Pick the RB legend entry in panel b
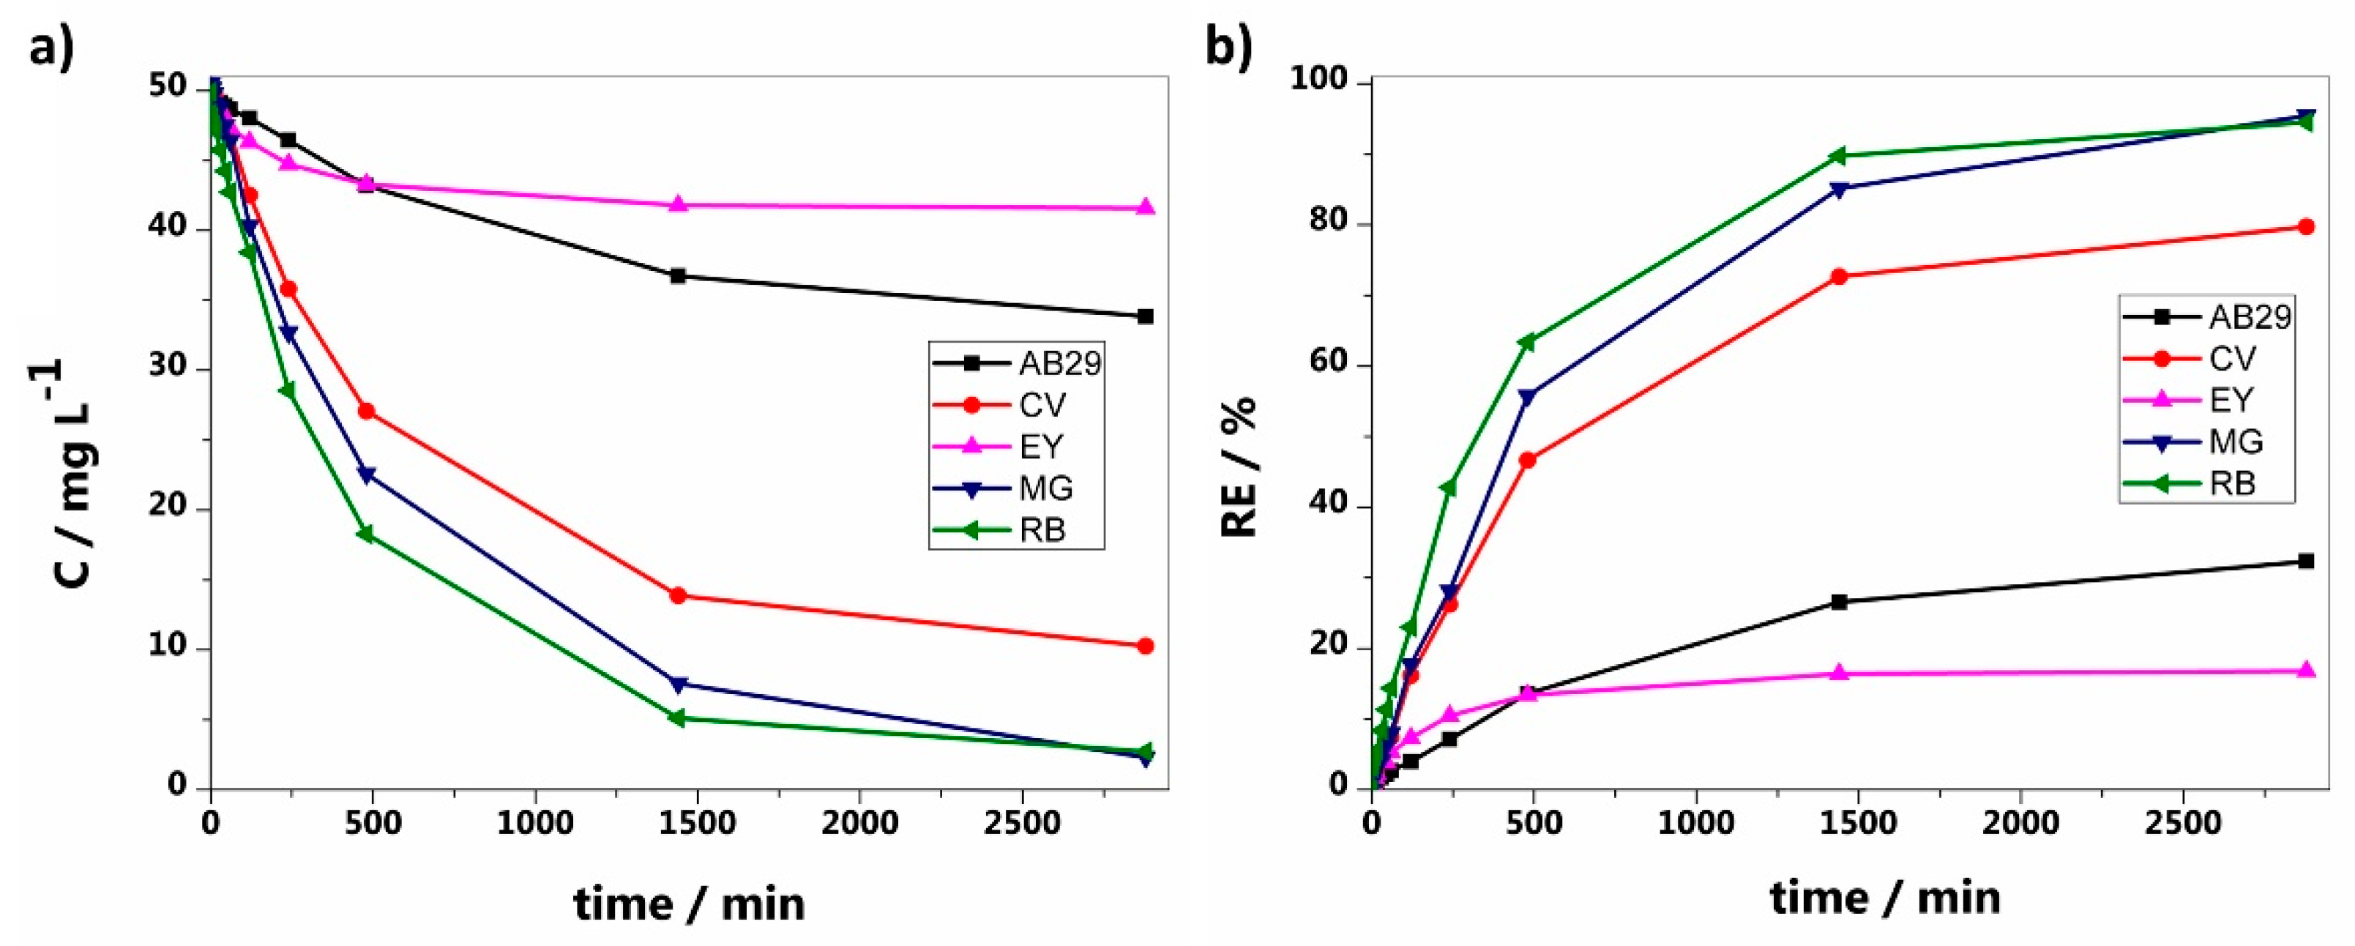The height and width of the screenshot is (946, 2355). [x=2231, y=483]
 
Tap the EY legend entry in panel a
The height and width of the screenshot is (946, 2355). [x=1040, y=447]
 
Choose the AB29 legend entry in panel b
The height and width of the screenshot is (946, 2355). [x=2250, y=317]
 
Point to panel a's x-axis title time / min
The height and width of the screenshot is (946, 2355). [x=690, y=905]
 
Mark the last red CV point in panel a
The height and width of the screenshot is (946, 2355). [x=1145, y=647]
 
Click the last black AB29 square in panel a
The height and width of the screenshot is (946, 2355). [x=1145, y=316]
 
